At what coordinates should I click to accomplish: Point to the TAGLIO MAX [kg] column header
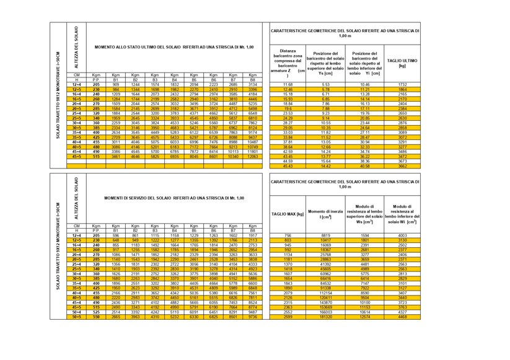tap(288, 214)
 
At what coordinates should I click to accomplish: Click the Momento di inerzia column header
tap(325, 214)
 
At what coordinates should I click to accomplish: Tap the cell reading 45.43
tap(288, 166)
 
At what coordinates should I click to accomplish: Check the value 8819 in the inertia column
tap(325, 235)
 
